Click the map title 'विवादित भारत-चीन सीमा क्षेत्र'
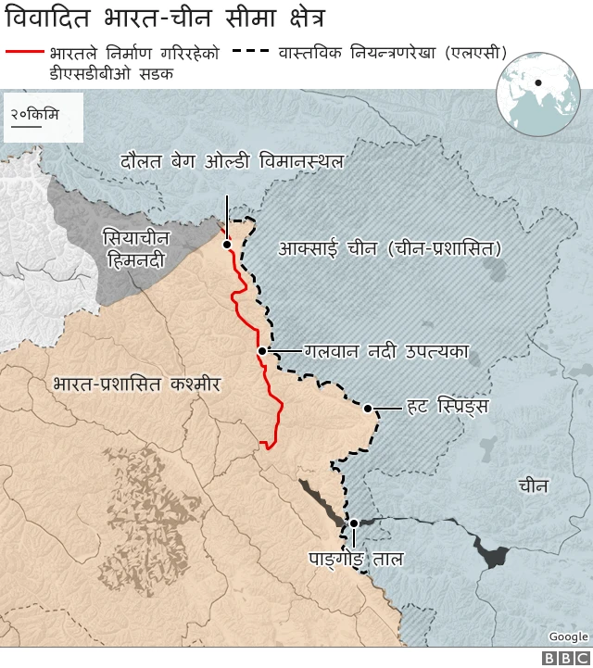(167, 19)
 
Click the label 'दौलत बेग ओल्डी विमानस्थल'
(232, 161)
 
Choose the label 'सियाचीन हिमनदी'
(134, 249)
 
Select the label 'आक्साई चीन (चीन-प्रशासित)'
(389, 248)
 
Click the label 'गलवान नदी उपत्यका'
(386, 351)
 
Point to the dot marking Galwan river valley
(262, 351)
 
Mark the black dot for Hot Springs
(368, 409)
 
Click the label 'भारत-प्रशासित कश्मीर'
(137, 383)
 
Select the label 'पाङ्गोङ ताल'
(356, 560)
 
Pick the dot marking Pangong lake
(353, 523)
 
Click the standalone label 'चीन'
(533, 485)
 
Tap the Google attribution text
(568, 636)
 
